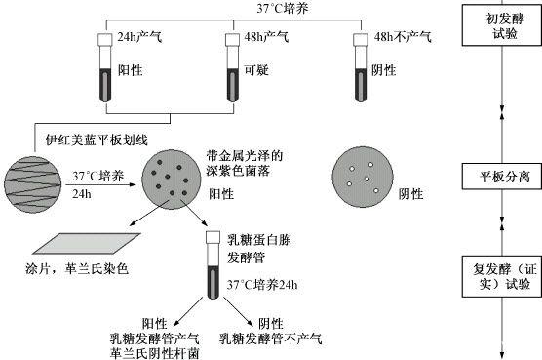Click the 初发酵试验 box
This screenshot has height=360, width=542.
[x=502, y=26]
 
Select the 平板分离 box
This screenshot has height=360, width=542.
[x=502, y=177]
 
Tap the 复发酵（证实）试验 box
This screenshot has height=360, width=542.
[x=502, y=276]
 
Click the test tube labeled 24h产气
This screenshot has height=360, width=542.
[x=105, y=67]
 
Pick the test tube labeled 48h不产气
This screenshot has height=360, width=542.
[x=360, y=67]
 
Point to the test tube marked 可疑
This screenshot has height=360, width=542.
[x=233, y=67]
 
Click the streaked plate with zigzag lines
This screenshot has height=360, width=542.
[x=33, y=184]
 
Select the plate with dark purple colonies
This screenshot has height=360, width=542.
[x=172, y=180]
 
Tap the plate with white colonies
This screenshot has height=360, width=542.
[x=363, y=177]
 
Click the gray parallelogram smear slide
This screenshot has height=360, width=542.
[x=87, y=244]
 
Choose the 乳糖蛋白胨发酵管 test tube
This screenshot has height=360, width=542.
[x=213, y=265]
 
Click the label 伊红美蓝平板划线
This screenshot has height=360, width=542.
[x=97, y=140]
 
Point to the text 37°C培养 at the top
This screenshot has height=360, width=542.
[x=283, y=9]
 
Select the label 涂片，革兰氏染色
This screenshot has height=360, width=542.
[x=77, y=268]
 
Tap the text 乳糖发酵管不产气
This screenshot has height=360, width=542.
[x=271, y=339]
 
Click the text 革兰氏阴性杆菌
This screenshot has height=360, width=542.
[x=155, y=353]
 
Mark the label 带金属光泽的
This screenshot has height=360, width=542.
[x=245, y=156]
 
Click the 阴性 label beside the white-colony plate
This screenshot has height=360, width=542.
[x=410, y=194]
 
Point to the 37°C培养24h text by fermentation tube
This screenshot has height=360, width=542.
[x=262, y=285]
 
